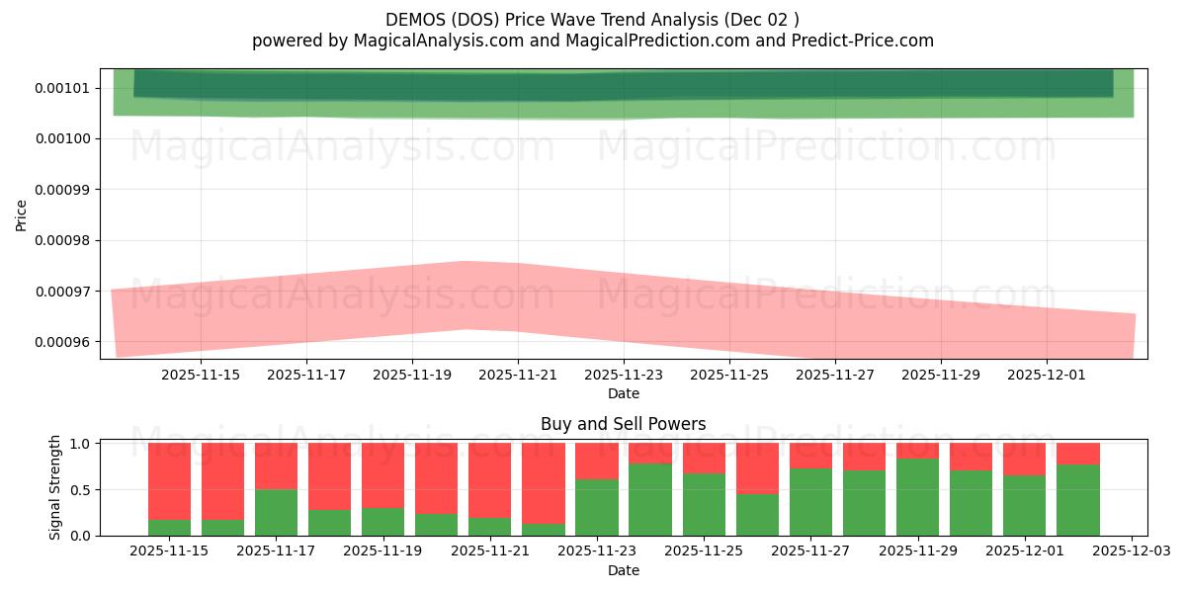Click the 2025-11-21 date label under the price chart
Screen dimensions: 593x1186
pos(518,375)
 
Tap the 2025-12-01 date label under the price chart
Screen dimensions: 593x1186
pos(1047,375)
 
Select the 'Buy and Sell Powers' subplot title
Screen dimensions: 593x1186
pos(623,424)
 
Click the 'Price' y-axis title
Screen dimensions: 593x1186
pos(22,213)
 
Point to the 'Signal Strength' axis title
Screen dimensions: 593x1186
pos(55,487)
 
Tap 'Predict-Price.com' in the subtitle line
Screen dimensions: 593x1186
pos(868,41)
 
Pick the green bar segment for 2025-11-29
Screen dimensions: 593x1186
pos(917,497)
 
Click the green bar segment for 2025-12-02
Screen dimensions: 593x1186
pos(1077,500)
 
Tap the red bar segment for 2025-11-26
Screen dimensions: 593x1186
pos(757,467)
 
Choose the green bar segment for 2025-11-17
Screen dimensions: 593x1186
pos(276,512)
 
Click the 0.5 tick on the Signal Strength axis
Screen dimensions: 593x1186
pos(82,489)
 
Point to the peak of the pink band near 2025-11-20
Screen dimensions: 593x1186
pos(465,263)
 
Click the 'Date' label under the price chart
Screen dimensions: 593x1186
pos(623,393)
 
